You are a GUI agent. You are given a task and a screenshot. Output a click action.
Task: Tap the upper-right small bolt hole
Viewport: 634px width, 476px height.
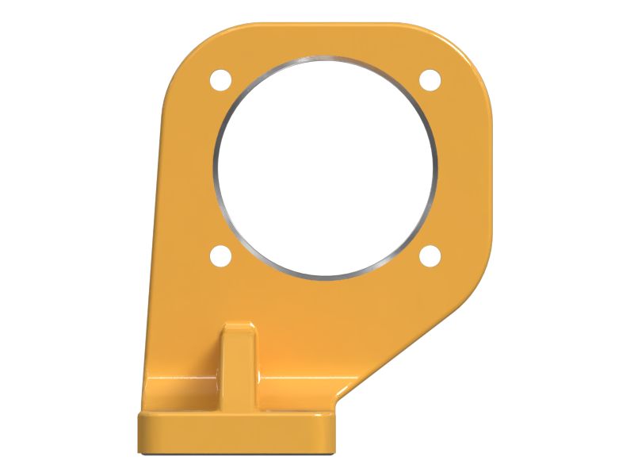tap(430, 79)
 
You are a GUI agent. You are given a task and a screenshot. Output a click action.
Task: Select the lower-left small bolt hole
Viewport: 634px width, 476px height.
tap(220, 255)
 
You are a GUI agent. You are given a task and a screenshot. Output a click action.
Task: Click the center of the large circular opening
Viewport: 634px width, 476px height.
tap(325, 167)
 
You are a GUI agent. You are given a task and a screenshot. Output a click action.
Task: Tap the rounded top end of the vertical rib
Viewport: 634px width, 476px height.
tap(239, 328)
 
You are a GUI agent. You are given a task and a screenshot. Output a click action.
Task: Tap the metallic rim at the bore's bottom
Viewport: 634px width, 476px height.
tap(325, 278)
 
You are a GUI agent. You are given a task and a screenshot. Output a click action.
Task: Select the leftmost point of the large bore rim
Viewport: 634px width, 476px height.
tap(215, 167)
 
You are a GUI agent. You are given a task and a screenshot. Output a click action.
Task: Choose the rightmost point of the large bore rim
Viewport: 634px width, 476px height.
tap(436, 167)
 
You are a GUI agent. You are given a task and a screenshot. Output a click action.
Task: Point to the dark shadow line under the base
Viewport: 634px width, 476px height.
tap(238, 455)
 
